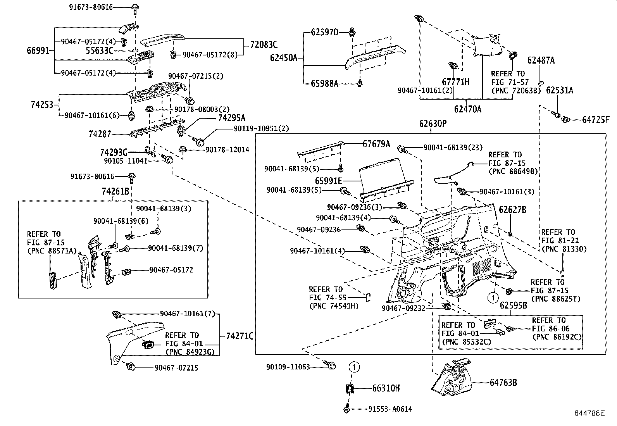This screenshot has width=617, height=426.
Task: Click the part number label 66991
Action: [x=38, y=50]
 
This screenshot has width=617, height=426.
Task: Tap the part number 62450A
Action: [x=283, y=58]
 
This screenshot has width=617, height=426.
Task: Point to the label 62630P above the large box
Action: [x=433, y=124]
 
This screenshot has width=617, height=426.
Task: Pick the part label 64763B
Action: [x=503, y=383]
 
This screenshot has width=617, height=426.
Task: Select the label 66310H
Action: [x=386, y=388]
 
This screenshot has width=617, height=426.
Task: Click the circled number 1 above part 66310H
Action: [x=353, y=366]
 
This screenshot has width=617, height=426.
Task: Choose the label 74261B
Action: [x=115, y=191]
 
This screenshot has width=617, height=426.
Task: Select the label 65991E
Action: [x=328, y=181]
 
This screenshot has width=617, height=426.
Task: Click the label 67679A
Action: [x=376, y=144]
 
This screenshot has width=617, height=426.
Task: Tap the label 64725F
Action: [x=595, y=120]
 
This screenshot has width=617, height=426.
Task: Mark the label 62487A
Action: [x=541, y=60]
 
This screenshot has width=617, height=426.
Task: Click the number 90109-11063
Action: [x=288, y=367]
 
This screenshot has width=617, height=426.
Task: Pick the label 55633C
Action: [x=100, y=50]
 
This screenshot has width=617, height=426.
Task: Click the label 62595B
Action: [x=513, y=305]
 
